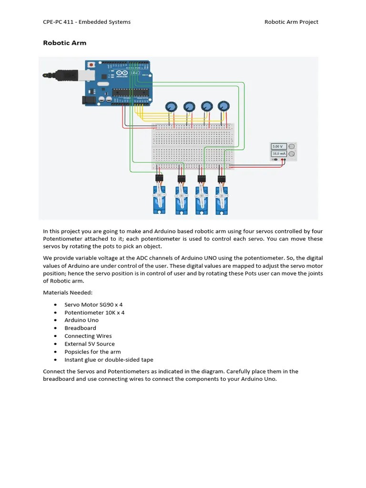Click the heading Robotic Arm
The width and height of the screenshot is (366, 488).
pyautogui.click(x=65, y=43)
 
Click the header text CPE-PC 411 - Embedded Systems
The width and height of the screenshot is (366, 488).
pyautogui.click(x=87, y=22)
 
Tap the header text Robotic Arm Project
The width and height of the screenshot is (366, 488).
pyautogui.click(x=291, y=22)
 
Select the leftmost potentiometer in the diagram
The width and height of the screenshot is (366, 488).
pyautogui.click(x=171, y=107)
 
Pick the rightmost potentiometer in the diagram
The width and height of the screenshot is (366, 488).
pyautogui.click(x=223, y=106)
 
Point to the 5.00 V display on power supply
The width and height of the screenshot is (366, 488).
pyautogui.click(x=277, y=146)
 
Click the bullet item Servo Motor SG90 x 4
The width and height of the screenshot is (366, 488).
pyautogui.click(x=93, y=305)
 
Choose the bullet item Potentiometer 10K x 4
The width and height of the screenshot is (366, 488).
pyautogui.click(x=94, y=313)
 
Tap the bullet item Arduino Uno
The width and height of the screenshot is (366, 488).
pyautogui.click(x=81, y=320)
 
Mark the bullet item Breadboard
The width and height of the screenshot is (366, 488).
pyautogui.click(x=80, y=328)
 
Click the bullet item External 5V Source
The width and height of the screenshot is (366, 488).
pyautogui.click(x=90, y=344)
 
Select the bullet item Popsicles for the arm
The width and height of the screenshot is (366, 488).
pyautogui.click(x=92, y=352)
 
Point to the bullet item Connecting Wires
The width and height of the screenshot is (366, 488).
pyautogui.click(x=88, y=336)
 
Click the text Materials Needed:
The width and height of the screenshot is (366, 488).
pyautogui.click(x=68, y=293)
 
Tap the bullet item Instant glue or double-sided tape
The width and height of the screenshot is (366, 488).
pyautogui.click(x=109, y=360)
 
